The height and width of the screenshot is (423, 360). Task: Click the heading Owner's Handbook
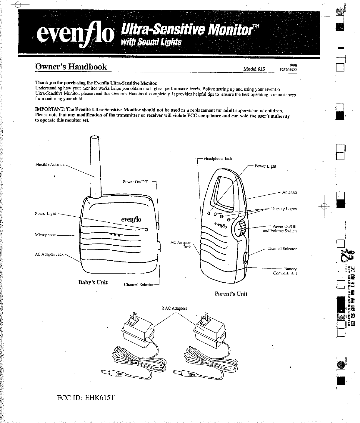coord(71,67)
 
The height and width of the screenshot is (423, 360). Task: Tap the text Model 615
coord(254,69)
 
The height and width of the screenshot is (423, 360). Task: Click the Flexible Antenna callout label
coord(50,164)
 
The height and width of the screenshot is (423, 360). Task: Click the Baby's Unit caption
coord(93,282)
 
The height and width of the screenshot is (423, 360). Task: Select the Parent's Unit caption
coord(231,294)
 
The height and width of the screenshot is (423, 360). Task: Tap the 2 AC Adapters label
coord(174,308)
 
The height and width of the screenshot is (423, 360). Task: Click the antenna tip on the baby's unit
coord(94,137)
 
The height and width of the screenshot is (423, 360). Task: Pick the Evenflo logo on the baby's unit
coord(131,220)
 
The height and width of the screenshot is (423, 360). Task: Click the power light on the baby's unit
coord(146,229)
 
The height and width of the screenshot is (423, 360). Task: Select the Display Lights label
coord(284,209)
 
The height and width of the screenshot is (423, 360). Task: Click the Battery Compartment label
coord(285,271)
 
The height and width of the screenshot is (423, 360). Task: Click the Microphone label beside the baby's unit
coord(45,235)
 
